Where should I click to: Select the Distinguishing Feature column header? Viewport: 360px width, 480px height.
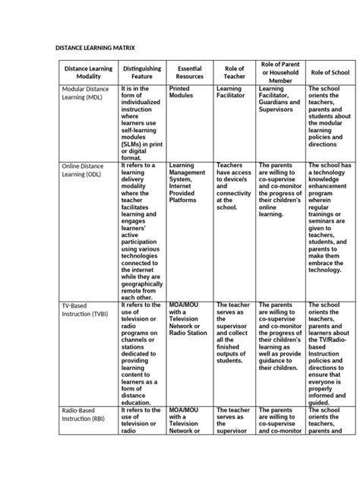click(x=141, y=72)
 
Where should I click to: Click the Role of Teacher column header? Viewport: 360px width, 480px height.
click(x=234, y=72)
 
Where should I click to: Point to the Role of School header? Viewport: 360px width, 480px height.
click(x=330, y=72)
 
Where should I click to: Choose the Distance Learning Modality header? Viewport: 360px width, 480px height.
click(x=88, y=72)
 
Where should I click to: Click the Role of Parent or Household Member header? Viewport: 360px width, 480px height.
click(x=279, y=72)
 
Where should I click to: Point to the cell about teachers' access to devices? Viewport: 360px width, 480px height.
click(x=234, y=186)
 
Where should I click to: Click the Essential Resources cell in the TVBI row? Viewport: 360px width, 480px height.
click(x=188, y=319)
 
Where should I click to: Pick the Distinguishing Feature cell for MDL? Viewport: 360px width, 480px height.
click(x=141, y=122)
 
